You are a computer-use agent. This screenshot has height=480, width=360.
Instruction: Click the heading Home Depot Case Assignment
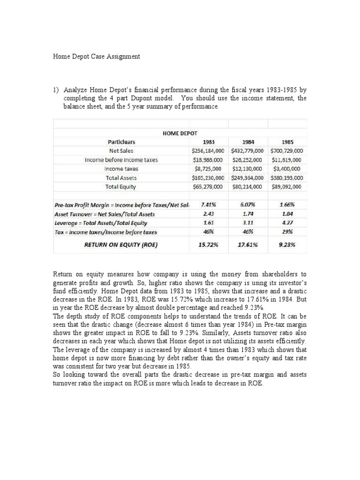click(x=96, y=56)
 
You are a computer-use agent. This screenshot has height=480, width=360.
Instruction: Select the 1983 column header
click(x=209, y=142)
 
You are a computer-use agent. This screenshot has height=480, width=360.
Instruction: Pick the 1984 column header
click(x=248, y=142)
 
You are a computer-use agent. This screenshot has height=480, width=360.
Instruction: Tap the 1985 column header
click(x=287, y=142)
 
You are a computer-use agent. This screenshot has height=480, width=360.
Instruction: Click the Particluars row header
click(x=121, y=142)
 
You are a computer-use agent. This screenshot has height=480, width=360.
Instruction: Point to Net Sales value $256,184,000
click(x=210, y=151)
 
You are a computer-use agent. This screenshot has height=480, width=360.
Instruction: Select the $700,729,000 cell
click(x=287, y=151)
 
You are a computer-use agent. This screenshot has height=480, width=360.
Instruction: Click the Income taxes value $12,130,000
click(x=248, y=169)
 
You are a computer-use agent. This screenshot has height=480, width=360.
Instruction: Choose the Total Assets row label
click(x=121, y=178)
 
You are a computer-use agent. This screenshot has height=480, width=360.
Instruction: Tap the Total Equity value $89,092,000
click(x=287, y=187)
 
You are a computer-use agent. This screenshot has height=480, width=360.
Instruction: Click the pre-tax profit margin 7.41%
click(x=209, y=205)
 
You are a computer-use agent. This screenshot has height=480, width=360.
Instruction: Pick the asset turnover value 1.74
click(x=248, y=214)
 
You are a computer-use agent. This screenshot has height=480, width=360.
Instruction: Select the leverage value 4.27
click(x=287, y=223)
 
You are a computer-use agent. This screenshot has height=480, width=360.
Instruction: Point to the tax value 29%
click(x=287, y=232)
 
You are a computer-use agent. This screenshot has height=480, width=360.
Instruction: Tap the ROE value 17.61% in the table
click(x=248, y=244)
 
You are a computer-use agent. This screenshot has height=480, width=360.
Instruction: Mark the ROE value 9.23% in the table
click(x=287, y=244)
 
